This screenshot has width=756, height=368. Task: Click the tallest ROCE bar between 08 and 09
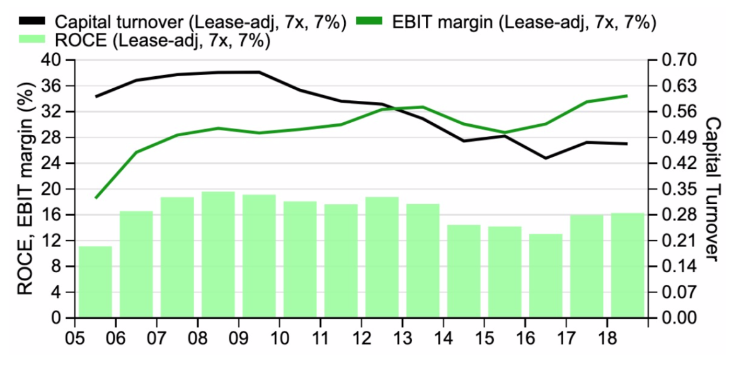(x=218, y=255)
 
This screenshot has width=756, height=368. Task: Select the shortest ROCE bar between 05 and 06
(x=95, y=282)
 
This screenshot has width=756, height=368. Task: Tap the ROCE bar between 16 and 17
(x=546, y=275)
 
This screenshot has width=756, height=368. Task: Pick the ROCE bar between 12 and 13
(x=382, y=257)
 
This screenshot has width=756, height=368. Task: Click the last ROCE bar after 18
(x=627, y=265)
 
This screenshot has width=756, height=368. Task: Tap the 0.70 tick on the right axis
(x=677, y=60)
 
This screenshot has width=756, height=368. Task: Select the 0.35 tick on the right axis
(x=677, y=189)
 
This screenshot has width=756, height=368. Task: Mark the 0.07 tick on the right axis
(x=677, y=292)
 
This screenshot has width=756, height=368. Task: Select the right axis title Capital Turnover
(x=712, y=189)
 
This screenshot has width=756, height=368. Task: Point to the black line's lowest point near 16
(x=546, y=158)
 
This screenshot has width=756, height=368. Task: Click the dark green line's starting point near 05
(x=96, y=198)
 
